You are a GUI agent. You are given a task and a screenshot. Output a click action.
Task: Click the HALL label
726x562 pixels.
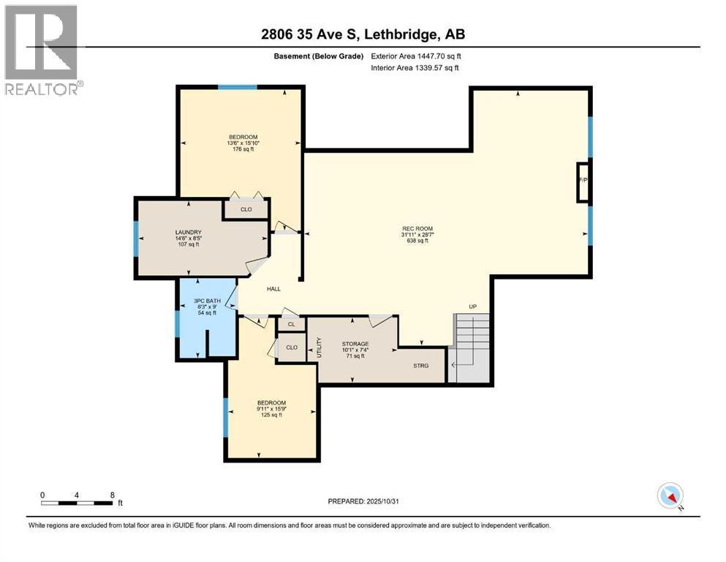273,289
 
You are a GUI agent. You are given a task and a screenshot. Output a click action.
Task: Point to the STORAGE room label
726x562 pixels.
355,343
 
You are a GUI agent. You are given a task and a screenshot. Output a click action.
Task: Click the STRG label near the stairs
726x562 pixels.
420,366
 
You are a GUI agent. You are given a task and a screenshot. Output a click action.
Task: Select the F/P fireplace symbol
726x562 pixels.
583,180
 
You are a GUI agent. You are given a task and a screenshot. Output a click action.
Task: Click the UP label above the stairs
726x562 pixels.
473,307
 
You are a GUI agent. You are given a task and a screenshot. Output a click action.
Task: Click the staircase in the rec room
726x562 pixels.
472,348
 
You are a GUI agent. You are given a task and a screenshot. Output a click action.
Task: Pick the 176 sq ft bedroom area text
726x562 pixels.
243,149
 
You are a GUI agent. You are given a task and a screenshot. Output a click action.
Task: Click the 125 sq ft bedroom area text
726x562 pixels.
271,415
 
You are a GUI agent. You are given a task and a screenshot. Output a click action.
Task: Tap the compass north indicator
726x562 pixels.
670,496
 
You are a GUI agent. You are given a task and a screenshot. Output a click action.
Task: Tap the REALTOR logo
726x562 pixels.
42,49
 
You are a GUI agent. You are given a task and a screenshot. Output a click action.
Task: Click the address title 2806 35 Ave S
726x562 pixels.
364,34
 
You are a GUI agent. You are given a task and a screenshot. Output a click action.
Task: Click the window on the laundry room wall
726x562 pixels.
136,238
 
